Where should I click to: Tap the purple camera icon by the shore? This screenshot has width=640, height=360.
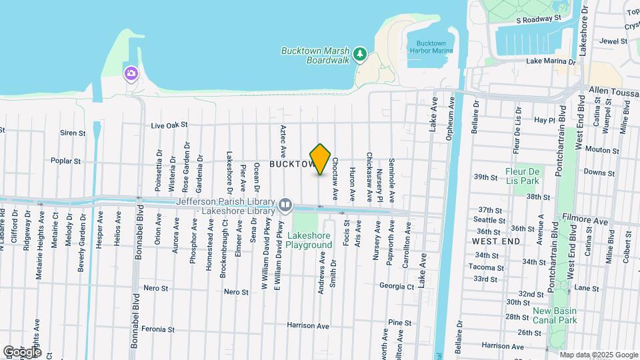[x=131, y=73]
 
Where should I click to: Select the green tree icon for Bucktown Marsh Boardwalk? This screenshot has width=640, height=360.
[x=360, y=53]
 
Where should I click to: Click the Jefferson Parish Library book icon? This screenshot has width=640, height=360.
[x=285, y=203]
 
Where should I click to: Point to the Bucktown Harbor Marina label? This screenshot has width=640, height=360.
[x=430, y=47]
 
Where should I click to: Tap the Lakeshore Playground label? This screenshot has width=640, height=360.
[x=309, y=240]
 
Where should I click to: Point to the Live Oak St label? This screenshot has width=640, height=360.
[x=170, y=125]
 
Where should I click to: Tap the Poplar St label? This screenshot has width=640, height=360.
[x=65, y=161]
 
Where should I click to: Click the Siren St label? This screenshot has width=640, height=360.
[x=73, y=133]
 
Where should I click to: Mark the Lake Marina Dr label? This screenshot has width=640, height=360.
[x=551, y=61]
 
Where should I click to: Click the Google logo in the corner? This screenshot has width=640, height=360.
[x=22, y=351]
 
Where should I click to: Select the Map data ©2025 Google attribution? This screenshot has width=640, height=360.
[x=598, y=355]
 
